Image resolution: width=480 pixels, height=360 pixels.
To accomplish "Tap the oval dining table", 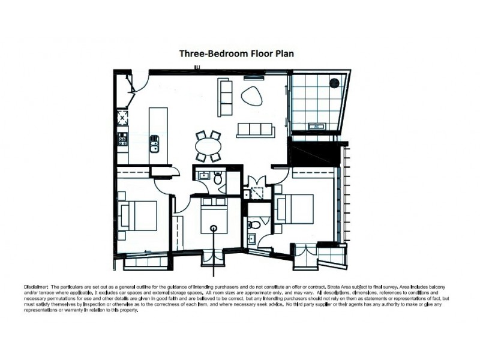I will click(x=208, y=146).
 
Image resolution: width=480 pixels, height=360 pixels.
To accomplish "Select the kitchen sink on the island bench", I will click(x=155, y=143).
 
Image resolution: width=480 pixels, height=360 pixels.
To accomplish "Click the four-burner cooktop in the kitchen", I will click(x=122, y=139).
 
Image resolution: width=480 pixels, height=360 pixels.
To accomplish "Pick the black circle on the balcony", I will click(x=334, y=83).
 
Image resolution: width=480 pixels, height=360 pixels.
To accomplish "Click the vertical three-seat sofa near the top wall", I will click(x=225, y=98).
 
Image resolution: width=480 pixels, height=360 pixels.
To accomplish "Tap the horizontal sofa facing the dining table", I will click(x=255, y=130).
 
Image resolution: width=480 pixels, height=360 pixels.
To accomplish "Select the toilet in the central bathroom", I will click(x=218, y=178).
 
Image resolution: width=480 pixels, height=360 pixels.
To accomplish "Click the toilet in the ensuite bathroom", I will click(x=255, y=225).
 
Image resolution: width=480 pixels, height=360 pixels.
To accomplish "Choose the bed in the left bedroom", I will click(x=139, y=215).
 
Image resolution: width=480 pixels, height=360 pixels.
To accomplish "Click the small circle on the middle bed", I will click(x=214, y=227).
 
